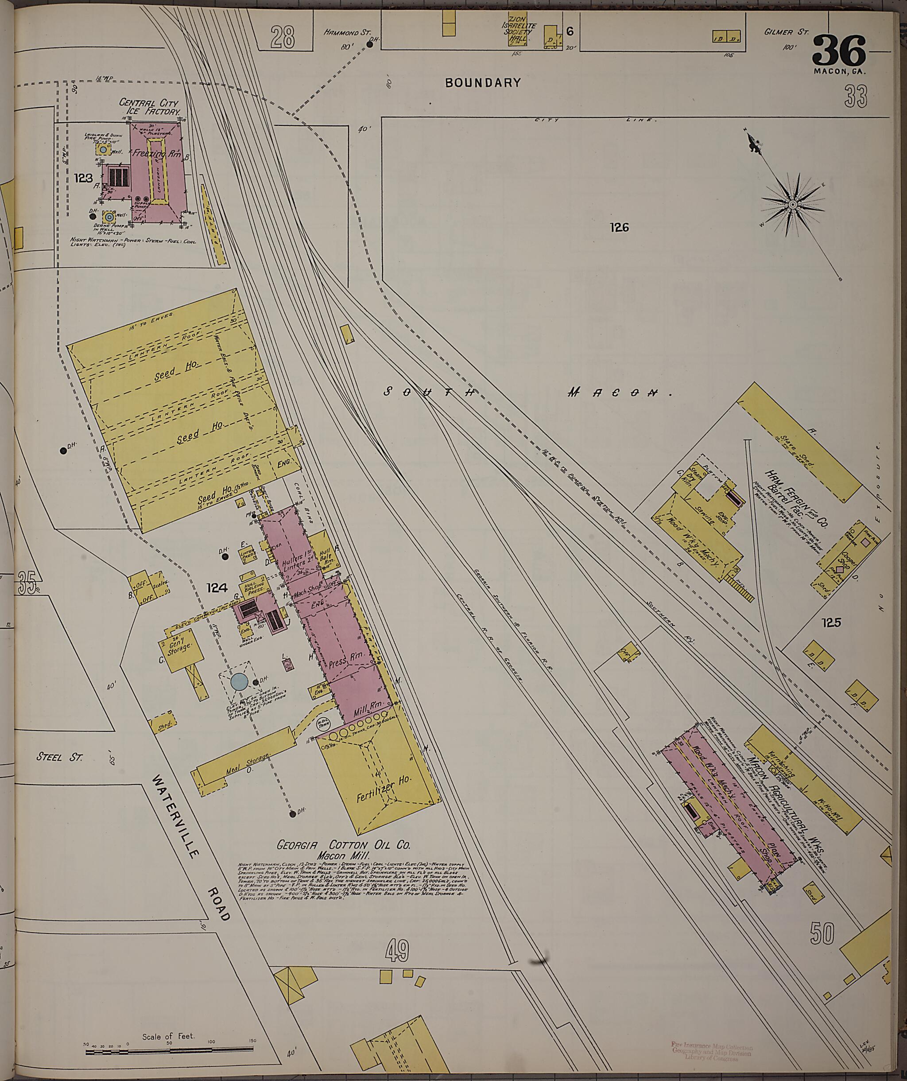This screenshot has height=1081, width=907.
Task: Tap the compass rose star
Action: tap(793, 205)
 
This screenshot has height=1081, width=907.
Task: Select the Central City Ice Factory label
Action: tap(150, 107)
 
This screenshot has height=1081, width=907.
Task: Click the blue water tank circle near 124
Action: tap(239, 681)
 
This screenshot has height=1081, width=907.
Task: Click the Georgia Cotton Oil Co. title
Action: tap(343, 845)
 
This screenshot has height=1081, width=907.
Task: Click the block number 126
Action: tap(620, 227)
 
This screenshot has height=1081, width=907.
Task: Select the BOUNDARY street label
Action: tap(483, 82)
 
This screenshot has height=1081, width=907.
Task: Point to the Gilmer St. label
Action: tap(786, 32)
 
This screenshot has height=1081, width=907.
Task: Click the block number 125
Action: tap(831, 622)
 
